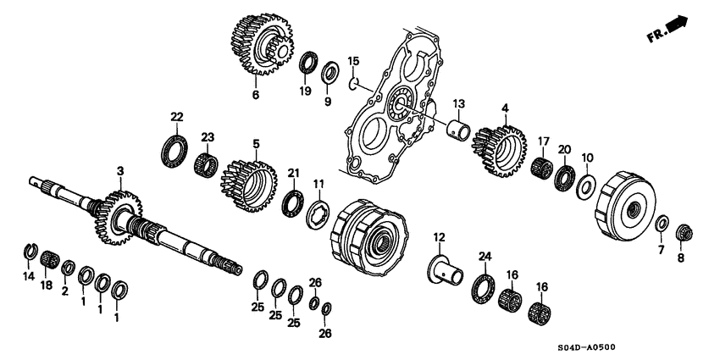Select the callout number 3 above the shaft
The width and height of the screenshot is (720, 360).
click(x=120, y=172)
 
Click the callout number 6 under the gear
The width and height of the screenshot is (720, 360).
click(x=255, y=95)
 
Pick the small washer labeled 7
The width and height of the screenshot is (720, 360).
click(x=662, y=224)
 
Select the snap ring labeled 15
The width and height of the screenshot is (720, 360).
click(x=356, y=82)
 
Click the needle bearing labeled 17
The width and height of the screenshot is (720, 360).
click(x=540, y=166)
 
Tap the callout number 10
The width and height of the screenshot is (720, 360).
click(x=589, y=157)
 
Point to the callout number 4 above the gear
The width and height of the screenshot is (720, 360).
click(x=504, y=108)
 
